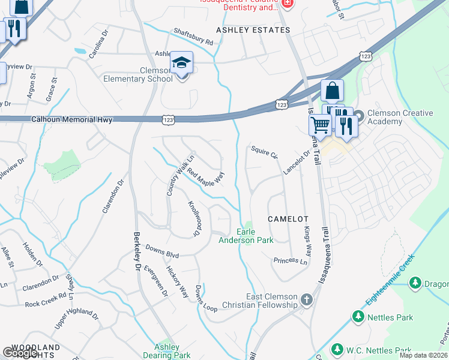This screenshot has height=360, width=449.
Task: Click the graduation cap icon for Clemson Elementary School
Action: click(x=181, y=62)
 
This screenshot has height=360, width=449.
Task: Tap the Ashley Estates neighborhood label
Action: click(x=253, y=29)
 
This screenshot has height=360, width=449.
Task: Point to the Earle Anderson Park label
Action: click(x=255, y=236)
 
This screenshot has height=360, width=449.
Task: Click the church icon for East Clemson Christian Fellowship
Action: click(x=307, y=299)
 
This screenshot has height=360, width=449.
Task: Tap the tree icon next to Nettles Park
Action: click(x=358, y=316)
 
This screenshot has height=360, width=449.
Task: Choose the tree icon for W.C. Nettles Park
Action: click(x=337, y=350)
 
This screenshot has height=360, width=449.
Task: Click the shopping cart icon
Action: click(x=320, y=125)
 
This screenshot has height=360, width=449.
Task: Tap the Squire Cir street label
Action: click(x=265, y=152)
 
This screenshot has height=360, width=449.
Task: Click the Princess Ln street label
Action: click(x=290, y=261)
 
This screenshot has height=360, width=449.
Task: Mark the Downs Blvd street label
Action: click(x=163, y=251)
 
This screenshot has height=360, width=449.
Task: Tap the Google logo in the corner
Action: click(x=20, y=353)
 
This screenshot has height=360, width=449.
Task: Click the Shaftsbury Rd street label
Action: click(x=193, y=38)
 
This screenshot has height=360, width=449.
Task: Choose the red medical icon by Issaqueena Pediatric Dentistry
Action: click(x=287, y=3)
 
